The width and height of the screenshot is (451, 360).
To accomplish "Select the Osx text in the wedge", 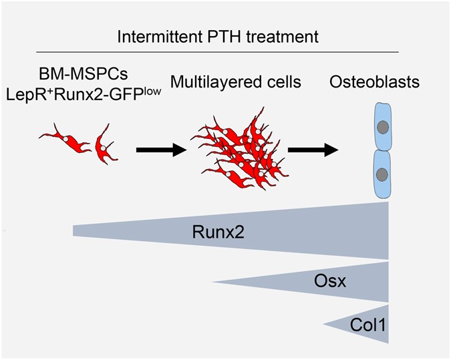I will tap(330, 281).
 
